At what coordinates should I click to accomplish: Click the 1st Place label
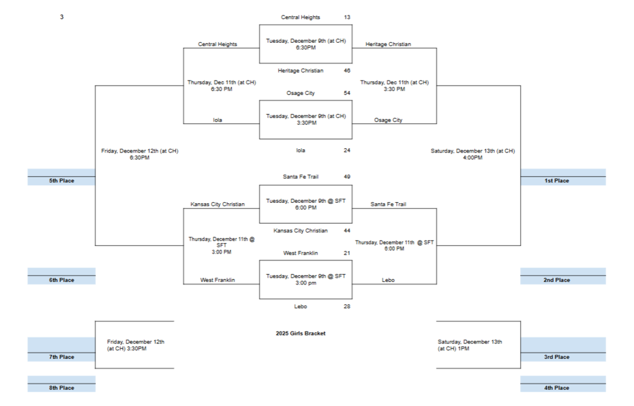click(x=557, y=181)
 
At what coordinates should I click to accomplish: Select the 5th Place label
click(x=62, y=181)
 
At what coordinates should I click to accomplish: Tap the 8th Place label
click(x=62, y=388)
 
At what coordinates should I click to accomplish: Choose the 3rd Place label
click(x=557, y=357)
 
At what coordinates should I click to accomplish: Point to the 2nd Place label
click(x=557, y=280)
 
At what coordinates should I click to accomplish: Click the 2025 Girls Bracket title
click(x=300, y=333)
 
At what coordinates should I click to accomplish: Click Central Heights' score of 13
click(x=347, y=17)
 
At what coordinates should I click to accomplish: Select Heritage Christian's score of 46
click(x=347, y=71)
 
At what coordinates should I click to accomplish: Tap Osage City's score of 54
click(x=347, y=93)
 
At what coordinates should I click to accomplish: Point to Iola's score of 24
click(x=347, y=150)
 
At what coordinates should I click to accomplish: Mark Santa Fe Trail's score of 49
click(x=347, y=177)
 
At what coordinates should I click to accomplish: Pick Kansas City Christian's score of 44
click(x=347, y=231)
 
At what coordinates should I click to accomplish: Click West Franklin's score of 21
click(x=347, y=253)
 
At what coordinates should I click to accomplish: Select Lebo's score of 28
click(x=347, y=306)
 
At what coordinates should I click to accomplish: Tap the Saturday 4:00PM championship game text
click(x=472, y=154)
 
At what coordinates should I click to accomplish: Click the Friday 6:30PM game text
click(x=139, y=154)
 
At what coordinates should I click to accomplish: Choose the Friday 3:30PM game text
click(x=135, y=345)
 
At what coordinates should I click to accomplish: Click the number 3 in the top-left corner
click(x=61, y=17)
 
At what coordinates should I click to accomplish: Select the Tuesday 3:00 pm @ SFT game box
click(x=306, y=280)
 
